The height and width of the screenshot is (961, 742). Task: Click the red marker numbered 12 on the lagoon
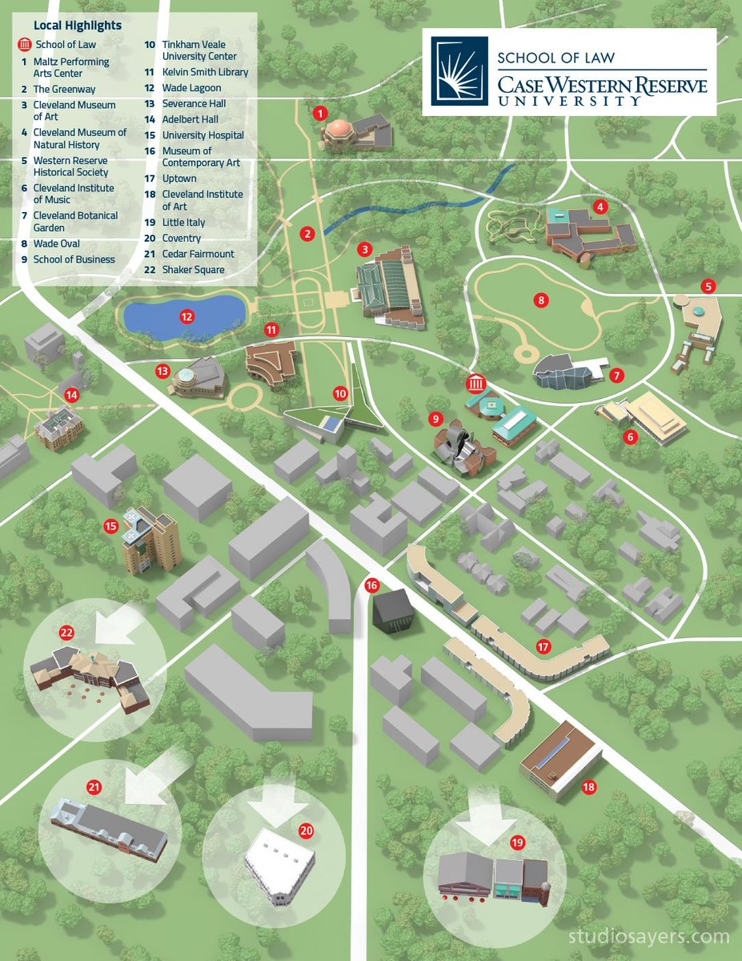click(x=187, y=316)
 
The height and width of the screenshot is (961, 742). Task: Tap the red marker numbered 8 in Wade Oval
click(x=542, y=300)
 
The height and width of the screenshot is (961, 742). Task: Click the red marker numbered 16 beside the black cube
click(x=371, y=585)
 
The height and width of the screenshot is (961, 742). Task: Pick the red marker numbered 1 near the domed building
click(x=321, y=113)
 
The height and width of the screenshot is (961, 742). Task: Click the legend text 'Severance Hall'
click(x=194, y=103)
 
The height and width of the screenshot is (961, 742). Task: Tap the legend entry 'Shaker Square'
click(x=193, y=270)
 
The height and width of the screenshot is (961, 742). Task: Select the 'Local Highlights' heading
click(x=78, y=26)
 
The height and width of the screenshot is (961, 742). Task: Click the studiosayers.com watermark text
click(x=648, y=937)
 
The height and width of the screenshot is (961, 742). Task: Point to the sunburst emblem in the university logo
click(x=454, y=70)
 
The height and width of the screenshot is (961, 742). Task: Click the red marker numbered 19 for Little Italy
click(x=517, y=842)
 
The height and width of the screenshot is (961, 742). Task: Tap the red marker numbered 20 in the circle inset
click(x=306, y=830)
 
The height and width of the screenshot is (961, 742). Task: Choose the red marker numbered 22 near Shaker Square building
click(x=66, y=633)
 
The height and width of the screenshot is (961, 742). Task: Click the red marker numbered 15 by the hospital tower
click(x=111, y=526)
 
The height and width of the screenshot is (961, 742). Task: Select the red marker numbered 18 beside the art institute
click(x=589, y=787)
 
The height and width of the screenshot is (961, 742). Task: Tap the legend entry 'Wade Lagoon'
click(x=191, y=88)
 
